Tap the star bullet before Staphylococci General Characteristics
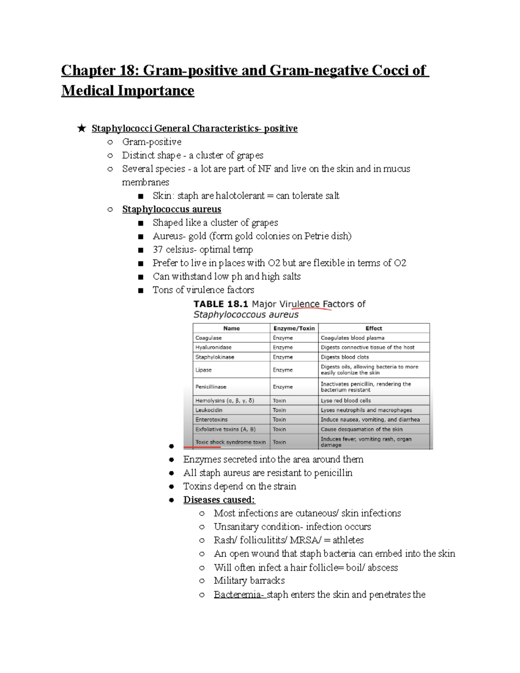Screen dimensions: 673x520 [81, 128]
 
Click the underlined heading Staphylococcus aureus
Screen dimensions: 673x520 [172, 209]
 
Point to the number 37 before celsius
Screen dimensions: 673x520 [157, 250]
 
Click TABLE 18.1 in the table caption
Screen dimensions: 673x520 [221, 304]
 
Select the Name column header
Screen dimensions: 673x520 [231, 328]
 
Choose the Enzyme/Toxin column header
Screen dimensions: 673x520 [294, 328]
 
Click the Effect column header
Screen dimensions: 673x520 [374, 328]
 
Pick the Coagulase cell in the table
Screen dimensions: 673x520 [208, 338]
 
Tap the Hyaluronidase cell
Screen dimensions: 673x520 [213, 348]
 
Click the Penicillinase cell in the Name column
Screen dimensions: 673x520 [211, 387]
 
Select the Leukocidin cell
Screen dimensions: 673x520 [208, 410]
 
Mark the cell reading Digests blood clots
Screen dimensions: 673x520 [344, 357]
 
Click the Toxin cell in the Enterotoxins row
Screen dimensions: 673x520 [279, 419]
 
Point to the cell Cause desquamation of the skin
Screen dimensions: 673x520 [361, 429]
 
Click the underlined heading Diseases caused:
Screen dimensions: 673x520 [219, 500]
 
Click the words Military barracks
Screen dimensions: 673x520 [249, 581]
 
